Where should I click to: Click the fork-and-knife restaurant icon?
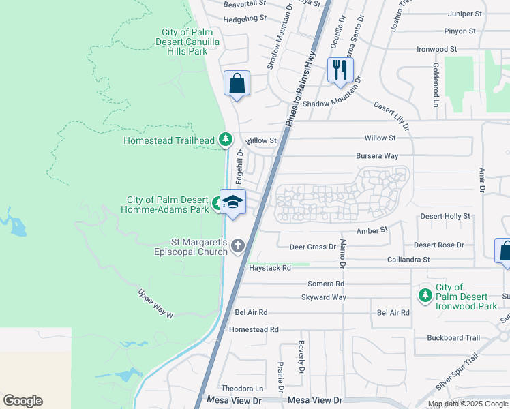tap(340, 70)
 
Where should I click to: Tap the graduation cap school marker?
tap(232, 202)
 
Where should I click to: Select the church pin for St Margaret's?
tap(238, 245)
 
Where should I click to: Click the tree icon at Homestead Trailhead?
tap(226, 140)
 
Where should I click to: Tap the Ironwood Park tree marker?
tap(425, 295)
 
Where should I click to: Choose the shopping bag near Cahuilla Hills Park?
tap(237, 84)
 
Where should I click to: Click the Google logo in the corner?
tap(22, 401)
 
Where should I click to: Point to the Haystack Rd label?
tap(272, 269)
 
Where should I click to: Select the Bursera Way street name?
tap(376, 155)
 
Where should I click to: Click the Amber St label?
tap(373, 230)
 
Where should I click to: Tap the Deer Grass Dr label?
tap(313, 246)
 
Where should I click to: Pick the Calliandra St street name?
tap(408, 260)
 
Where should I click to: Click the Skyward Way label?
tap(324, 297)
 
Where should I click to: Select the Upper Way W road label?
tap(156, 305)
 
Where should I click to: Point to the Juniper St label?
tap(465, 13)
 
